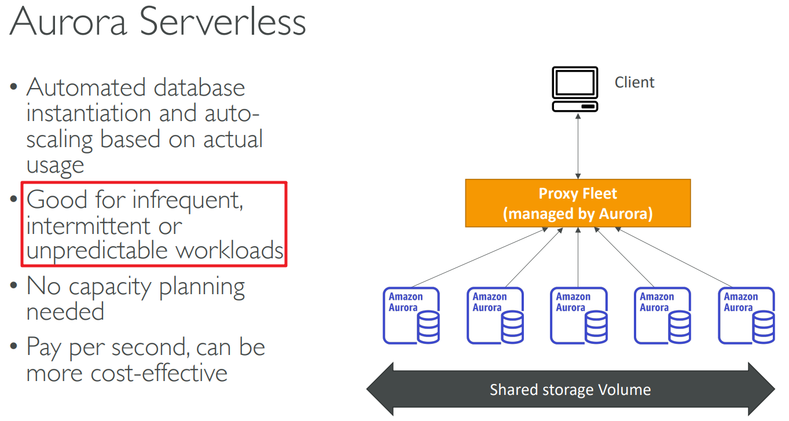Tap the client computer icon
(x=574, y=89)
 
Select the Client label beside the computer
(x=634, y=82)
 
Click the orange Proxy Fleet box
(x=578, y=203)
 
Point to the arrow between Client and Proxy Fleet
(x=578, y=145)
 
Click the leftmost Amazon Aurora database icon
(x=411, y=316)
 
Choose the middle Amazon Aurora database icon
(x=578, y=316)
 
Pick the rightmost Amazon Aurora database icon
(x=746, y=316)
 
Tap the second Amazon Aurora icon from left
(x=495, y=316)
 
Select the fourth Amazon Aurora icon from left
(x=662, y=316)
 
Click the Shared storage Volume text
(x=570, y=390)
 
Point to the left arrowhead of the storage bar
(x=380, y=389)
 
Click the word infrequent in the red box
(x=184, y=200)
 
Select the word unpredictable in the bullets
(x=98, y=251)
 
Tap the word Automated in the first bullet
(x=86, y=88)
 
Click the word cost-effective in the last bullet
(x=159, y=372)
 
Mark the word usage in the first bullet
(x=56, y=165)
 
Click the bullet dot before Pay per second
(x=14, y=348)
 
